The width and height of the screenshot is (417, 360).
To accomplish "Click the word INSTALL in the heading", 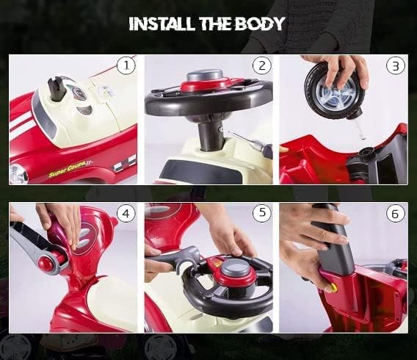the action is tap(162, 24).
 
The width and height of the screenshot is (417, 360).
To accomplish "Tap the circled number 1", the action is tap(126, 65).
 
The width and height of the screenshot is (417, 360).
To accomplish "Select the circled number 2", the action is tap(262, 65).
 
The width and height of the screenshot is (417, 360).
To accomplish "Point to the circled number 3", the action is tap(396, 65).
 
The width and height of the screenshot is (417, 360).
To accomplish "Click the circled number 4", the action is tap(126, 213).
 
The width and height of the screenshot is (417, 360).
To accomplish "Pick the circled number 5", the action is tap(262, 212).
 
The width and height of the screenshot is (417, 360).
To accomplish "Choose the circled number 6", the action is tap(396, 214).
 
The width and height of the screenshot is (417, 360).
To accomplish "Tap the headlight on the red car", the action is tap(18, 173).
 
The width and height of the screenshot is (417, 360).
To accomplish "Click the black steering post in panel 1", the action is tap(57, 89).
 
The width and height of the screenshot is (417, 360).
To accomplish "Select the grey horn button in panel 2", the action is tap(204, 75).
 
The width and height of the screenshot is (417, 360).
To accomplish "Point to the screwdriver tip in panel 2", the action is tap(230, 132).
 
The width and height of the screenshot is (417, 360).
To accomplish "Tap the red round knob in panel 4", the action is tap(46, 262).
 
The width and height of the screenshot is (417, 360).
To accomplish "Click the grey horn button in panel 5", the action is tap(236, 268).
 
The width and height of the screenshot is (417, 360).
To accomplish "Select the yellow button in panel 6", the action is tap(333, 287).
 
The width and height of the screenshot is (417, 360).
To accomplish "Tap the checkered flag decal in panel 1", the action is tap(123, 163).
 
